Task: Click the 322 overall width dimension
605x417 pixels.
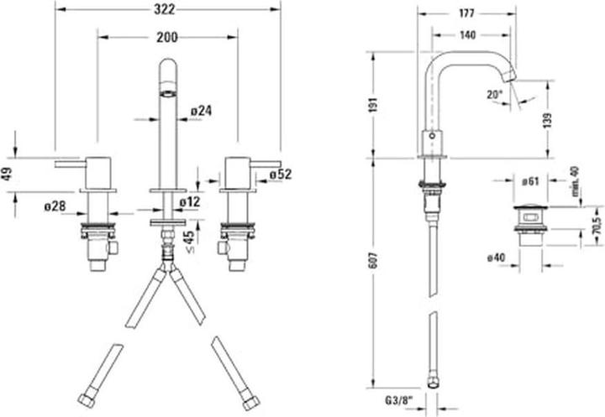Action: tap(166, 8)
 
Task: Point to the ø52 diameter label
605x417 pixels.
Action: tap(280, 174)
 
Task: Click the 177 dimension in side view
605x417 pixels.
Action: tap(467, 13)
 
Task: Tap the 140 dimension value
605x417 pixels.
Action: tap(467, 35)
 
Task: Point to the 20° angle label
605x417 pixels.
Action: tap(493, 96)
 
